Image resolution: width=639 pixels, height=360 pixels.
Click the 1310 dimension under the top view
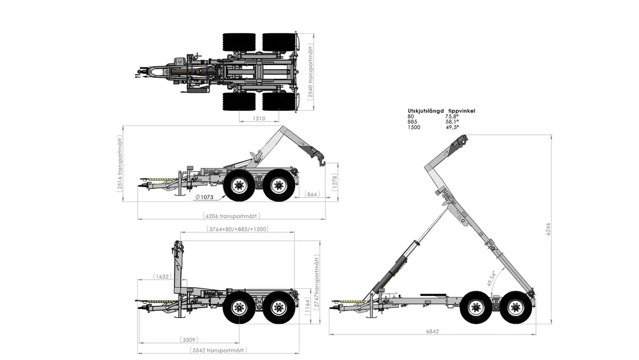point(259,118)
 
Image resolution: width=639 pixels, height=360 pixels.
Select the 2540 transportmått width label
point(311,73)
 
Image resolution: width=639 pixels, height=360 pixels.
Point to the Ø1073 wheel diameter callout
point(204,197)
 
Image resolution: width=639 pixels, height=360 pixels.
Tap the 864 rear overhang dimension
point(312,194)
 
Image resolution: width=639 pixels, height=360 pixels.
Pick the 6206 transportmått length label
point(231,216)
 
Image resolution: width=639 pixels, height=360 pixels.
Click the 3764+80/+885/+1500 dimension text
point(238,229)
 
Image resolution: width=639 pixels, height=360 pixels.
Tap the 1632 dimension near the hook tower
point(162,277)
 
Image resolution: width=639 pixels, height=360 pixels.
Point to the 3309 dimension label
point(189,340)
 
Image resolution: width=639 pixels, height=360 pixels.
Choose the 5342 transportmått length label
point(219,350)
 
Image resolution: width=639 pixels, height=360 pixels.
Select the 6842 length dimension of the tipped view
point(433,332)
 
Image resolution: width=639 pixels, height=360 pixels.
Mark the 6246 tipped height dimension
point(548,229)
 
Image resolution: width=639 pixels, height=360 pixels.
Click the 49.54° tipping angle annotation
point(491,278)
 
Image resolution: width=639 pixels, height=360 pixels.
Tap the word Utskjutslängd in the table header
point(426,111)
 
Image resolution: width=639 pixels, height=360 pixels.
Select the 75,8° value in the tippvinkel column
point(452,116)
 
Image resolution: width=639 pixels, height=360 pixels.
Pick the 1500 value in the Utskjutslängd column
point(414,127)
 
